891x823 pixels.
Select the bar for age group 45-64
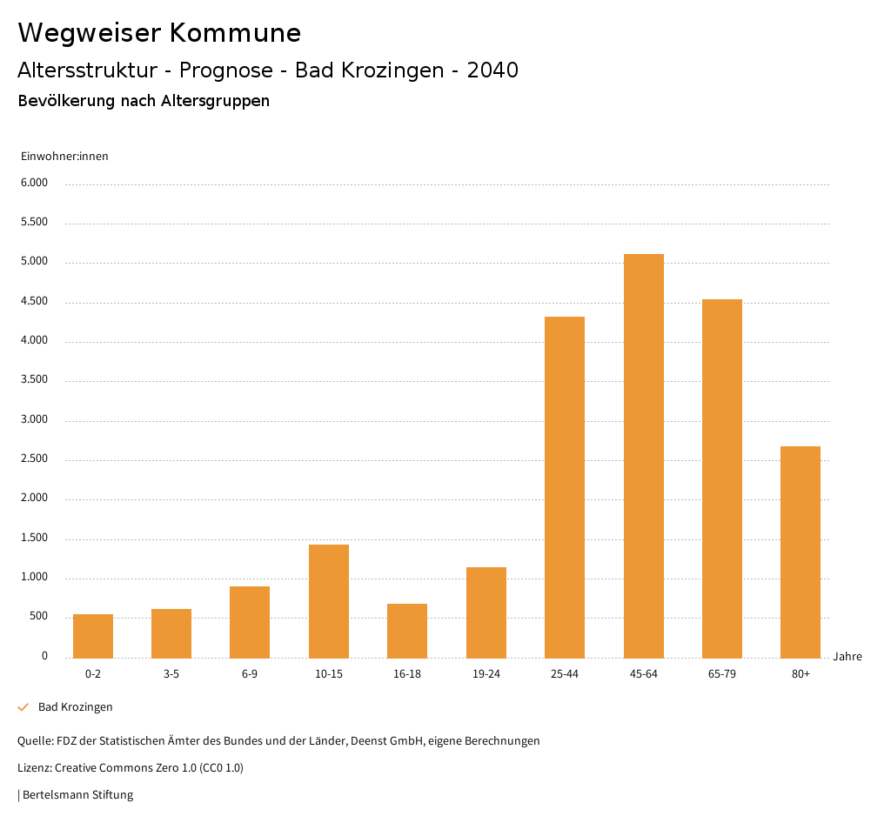(x=643, y=456)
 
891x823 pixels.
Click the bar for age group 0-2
(x=93, y=636)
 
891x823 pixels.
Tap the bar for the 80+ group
(x=801, y=552)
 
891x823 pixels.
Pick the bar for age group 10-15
(x=329, y=601)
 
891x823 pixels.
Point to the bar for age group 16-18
(x=407, y=631)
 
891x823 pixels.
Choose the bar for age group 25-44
(x=565, y=487)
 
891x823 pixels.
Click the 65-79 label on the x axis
(x=722, y=674)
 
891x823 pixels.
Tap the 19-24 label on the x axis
(x=486, y=674)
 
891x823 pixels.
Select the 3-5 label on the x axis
(x=171, y=674)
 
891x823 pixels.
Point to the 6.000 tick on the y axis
(x=35, y=184)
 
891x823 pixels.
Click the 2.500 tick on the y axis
(x=35, y=459)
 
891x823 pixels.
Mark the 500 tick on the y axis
(x=38, y=617)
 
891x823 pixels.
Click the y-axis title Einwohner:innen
(x=64, y=157)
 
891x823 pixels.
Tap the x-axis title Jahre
(x=847, y=657)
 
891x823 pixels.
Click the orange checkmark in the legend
(x=23, y=707)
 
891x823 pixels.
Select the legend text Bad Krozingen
(x=76, y=707)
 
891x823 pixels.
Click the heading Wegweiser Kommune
(x=159, y=33)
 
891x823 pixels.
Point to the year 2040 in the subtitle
(x=492, y=70)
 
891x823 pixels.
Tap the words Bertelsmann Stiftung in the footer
(x=77, y=795)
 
